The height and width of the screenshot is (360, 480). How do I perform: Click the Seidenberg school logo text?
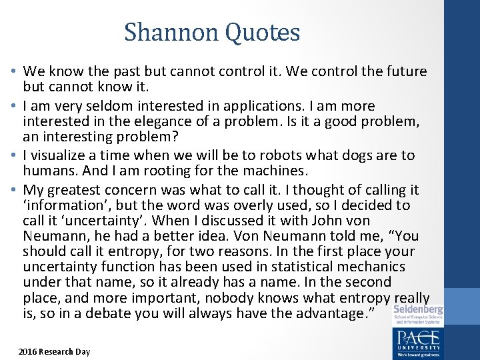click(418, 311)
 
